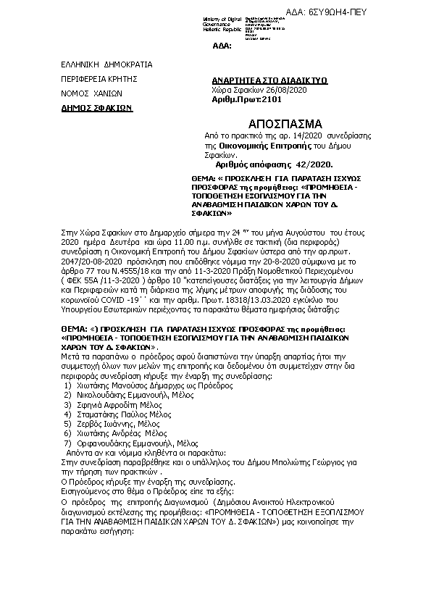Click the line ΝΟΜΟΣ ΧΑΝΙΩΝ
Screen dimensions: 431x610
[x=92, y=93]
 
